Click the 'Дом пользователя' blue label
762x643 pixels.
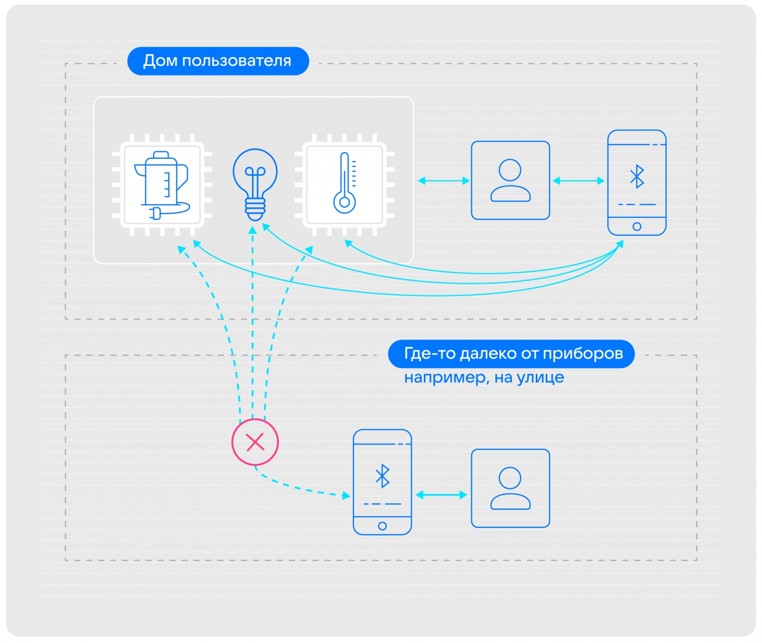[x=218, y=61]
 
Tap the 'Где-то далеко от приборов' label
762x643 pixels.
[x=511, y=354]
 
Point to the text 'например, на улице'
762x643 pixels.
[x=484, y=378]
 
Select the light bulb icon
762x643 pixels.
[x=255, y=184]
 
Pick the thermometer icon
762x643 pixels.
[x=344, y=183]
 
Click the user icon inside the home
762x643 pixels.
[x=510, y=180]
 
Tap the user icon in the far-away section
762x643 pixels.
[x=510, y=488]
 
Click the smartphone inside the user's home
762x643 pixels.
[x=637, y=183]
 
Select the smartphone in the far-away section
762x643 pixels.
[x=382, y=482]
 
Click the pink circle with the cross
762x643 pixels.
[x=255, y=442]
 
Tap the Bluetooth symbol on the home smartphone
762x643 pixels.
[x=637, y=176]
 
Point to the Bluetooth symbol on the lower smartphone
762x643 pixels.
[x=382, y=476]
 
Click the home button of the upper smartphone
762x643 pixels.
[x=637, y=226]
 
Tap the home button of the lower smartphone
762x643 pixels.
[x=382, y=526]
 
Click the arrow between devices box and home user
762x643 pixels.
[x=444, y=180]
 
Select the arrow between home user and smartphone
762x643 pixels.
[x=578, y=180]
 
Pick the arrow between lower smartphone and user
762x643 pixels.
[x=441, y=495]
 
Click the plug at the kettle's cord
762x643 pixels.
[x=156, y=214]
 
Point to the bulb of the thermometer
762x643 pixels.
[x=344, y=203]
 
